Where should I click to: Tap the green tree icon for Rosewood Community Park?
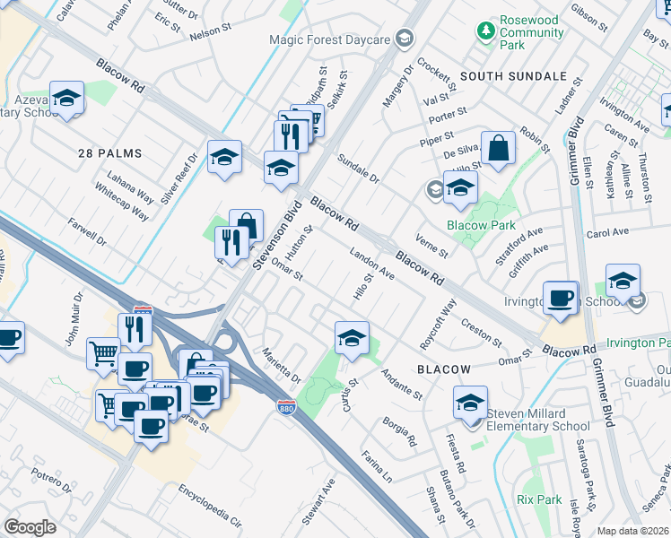pyautogui.click(x=485, y=31)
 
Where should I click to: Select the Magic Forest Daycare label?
pyautogui.click(x=330, y=40)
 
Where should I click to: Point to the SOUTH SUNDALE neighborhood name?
pyautogui.click(x=514, y=76)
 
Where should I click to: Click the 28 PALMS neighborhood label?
pyautogui.click(x=109, y=153)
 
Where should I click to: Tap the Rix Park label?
pyautogui.click(x=539, y=499)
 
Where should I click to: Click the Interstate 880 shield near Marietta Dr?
pyautogui.click(x=283, y=406)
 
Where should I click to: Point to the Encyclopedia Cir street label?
pyautogui.click(x=210, y=505)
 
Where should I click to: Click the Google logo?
pyautogui.click(x=30, y=527)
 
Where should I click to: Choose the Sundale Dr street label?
pyautogui.click(x=359, y=168)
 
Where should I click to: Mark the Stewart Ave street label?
pyautogui.click(x=318, y=502)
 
